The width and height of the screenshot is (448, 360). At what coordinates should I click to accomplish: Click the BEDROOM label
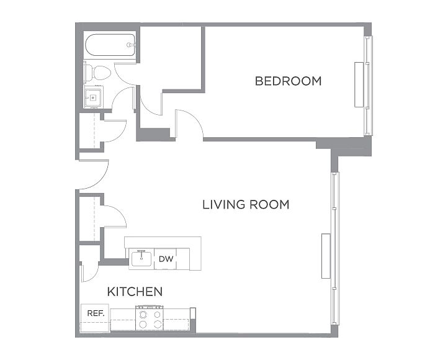(288, 81)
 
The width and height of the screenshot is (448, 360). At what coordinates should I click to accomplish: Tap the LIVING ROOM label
(246, 205)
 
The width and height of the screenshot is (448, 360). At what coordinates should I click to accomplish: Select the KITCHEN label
(135, 292)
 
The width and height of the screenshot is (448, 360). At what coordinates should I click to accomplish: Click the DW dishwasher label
(166, 259)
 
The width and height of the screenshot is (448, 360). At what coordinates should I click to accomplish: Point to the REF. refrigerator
(95, 318)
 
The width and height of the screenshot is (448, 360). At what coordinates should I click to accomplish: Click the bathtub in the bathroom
(110, 45)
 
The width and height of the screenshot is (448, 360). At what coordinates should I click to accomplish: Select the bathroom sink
(93, 97)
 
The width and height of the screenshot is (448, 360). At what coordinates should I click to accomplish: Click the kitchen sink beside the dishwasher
(141, 258)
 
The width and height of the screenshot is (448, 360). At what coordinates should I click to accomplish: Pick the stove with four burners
(150, 318)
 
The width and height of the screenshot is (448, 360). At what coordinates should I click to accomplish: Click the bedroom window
(369, 86)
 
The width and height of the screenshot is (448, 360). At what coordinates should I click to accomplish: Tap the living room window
(335, 248)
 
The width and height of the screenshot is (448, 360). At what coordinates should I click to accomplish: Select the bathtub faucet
(130, 45)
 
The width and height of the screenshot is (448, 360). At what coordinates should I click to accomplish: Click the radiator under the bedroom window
(359, 84)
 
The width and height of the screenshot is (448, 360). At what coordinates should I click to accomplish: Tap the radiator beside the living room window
(326, 256)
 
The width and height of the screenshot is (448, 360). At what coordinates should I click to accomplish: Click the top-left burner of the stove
(143, 315)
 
